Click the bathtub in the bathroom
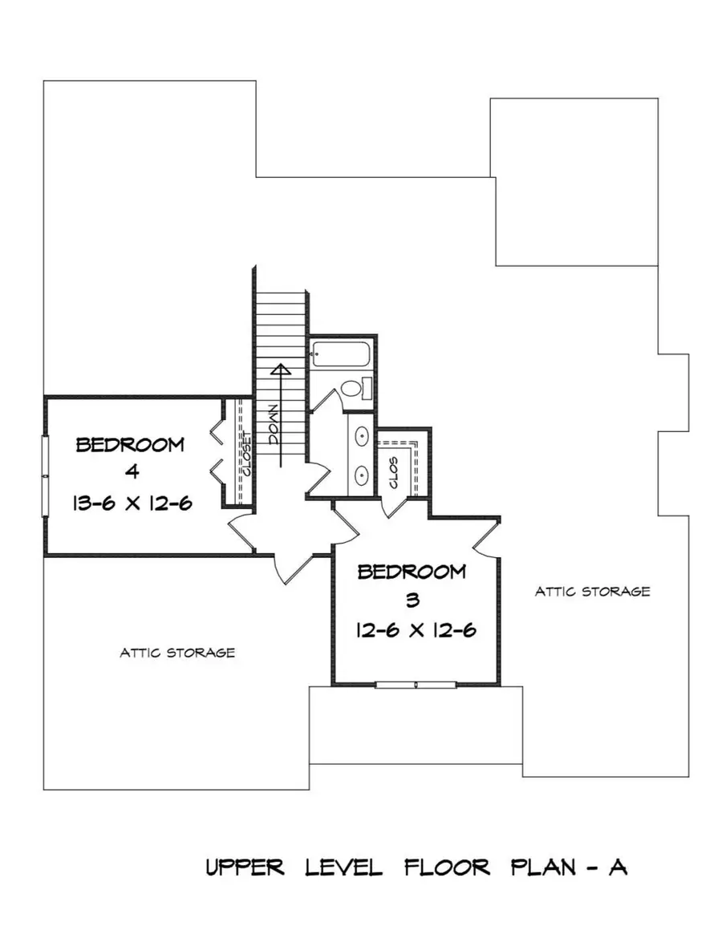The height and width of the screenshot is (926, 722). pyautogui.click(x=341, y=354)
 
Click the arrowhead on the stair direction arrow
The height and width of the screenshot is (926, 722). pyautogui.click(x=280, y=371)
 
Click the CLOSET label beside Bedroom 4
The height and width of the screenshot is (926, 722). pyautogui.click(x=245, y=455)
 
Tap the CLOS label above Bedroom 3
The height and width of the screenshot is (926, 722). pyautogui.click(x=394, y=473)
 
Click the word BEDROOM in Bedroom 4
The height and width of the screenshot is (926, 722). pyautogui.click(x=130, y=445)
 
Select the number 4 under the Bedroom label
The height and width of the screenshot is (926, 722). pyautogui.click(x=130, y=474)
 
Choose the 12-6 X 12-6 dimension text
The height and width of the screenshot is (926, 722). pyautogui.click(x=416, y=630)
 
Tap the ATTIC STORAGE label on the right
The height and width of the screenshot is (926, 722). pyautogui.click(x=592, y=592)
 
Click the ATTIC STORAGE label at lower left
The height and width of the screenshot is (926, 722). pyautogui.click(x=177, y=653)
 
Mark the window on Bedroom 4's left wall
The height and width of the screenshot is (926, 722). pyautogui.click(x=45, y=476)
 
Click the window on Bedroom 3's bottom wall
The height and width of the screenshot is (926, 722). pyautogui.click(x=416, y=685)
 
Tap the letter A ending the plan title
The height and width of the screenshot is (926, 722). pyautogui.click(x=618, y=867)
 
